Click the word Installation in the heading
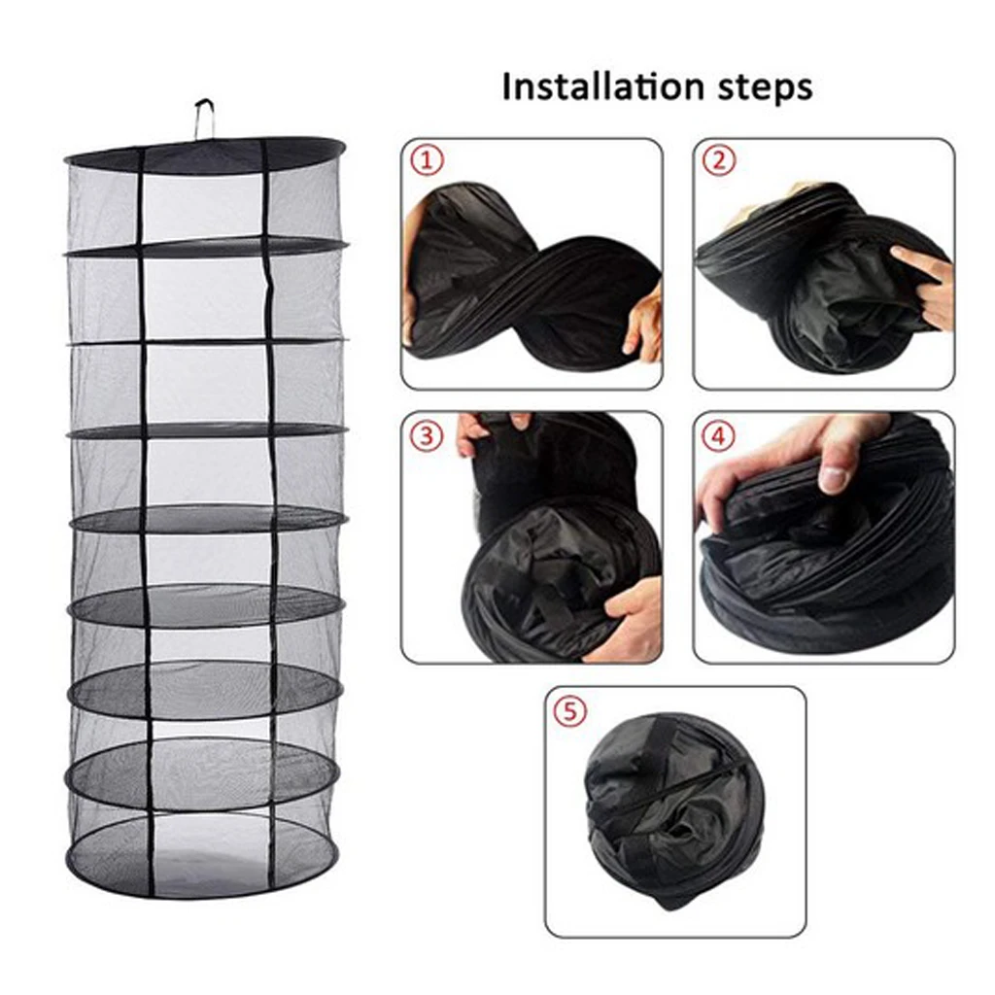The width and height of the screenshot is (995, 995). tap(597, 87)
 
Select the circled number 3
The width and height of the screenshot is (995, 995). tap(426, 436)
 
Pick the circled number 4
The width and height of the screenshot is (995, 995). tap(718, 436)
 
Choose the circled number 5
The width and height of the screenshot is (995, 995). tap(569, 711)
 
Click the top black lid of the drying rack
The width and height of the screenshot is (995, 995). tap(205, 153)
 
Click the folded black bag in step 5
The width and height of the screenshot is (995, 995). tap(675, 806)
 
